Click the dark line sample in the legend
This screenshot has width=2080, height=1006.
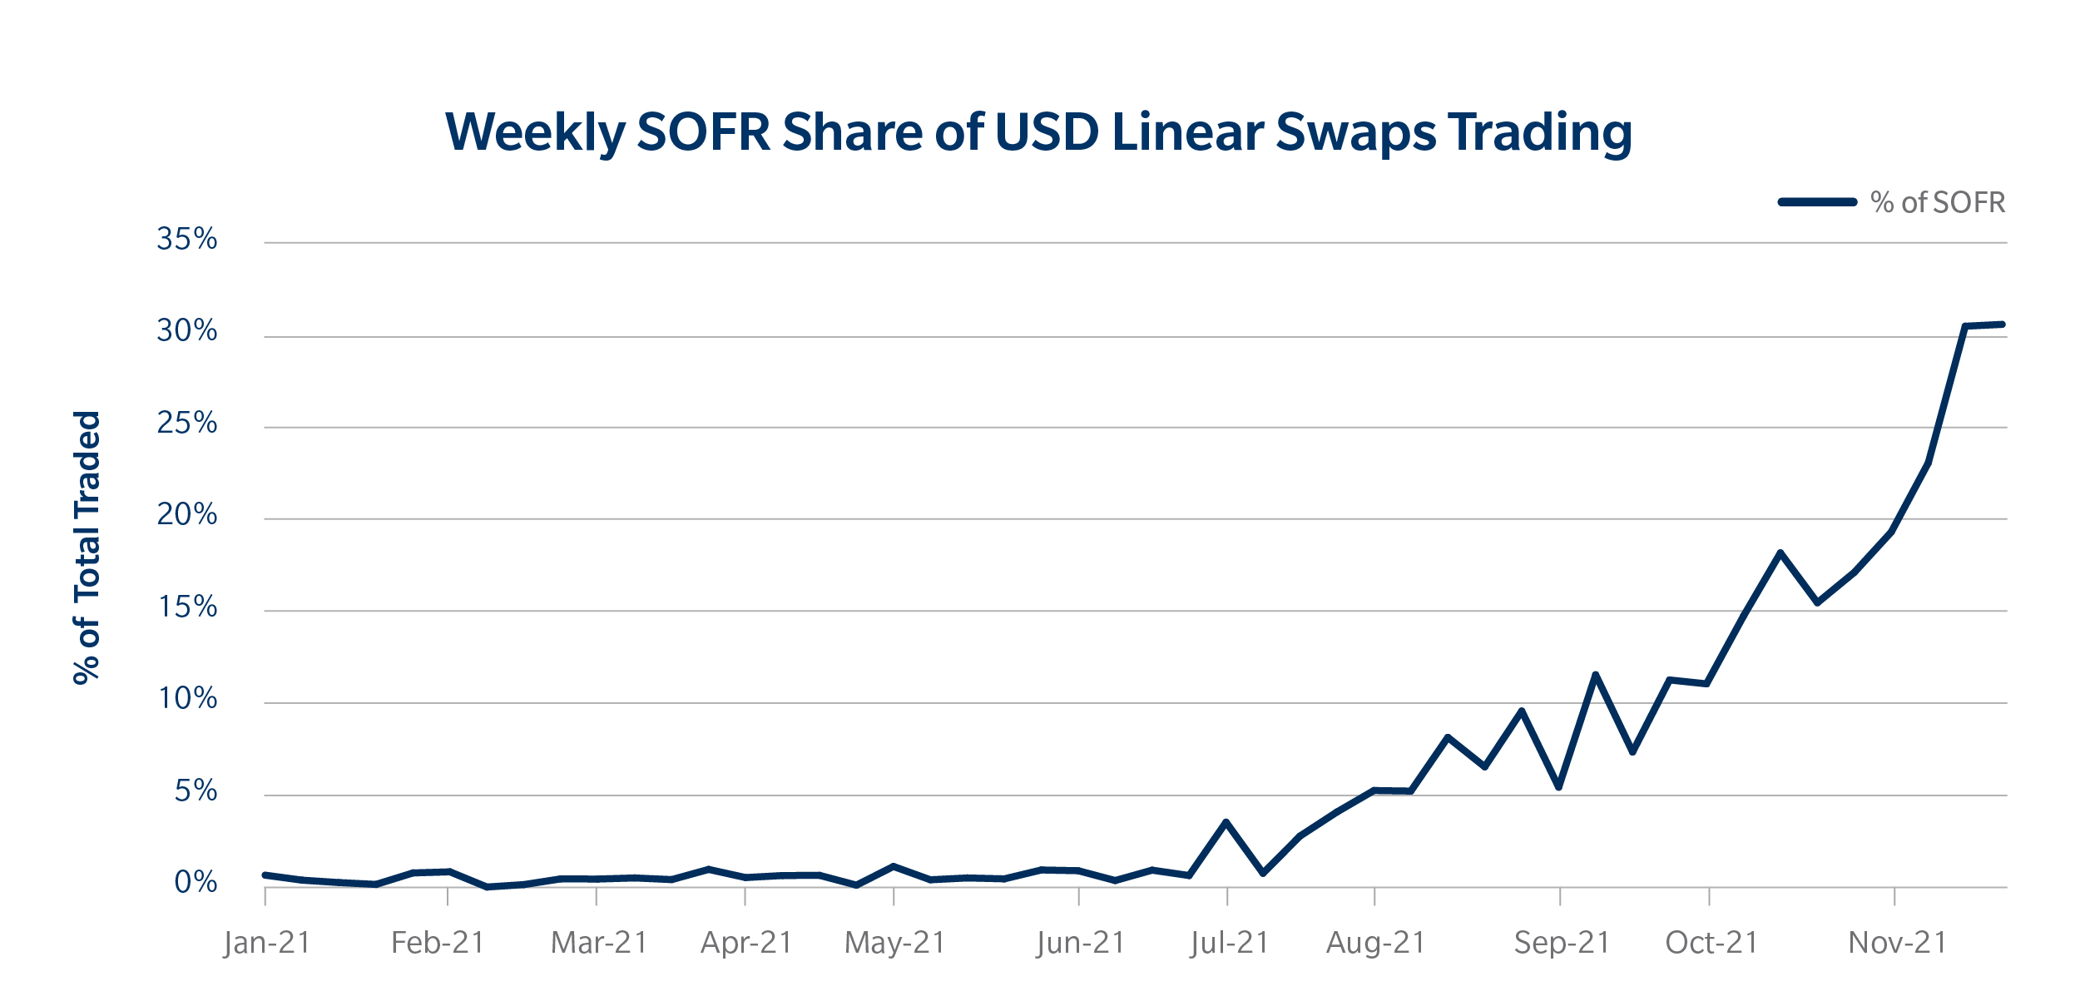click(1817, 202)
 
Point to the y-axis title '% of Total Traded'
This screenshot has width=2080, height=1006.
click(87, 547)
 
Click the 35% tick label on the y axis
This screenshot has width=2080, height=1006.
click(187, 240)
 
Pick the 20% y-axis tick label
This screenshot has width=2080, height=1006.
click(187, 515)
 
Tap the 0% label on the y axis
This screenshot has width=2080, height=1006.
click(196, 882)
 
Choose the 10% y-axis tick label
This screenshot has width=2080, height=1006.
click(187, 699)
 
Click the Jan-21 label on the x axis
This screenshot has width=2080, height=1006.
click(267, 943)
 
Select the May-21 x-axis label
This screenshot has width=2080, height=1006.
click(895, 943)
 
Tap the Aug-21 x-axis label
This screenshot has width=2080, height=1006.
click(1376, 943)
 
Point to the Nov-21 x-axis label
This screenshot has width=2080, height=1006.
click(1898, 943)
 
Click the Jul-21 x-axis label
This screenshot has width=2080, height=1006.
click(1229, 943)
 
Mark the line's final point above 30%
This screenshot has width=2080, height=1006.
click(2002, 325)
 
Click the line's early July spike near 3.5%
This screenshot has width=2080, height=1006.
click(1226, 822)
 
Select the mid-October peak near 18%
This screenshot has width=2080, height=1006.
click(1780, 553)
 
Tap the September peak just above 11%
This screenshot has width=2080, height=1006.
click(1595, 674)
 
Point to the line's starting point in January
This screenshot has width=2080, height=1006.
click(265, 875)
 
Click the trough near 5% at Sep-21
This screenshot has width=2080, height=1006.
click(1558, 787)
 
